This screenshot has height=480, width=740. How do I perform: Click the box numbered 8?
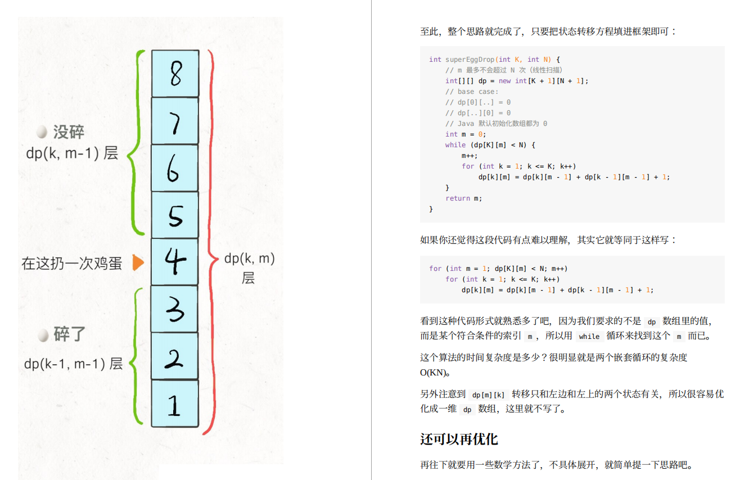point(175,74)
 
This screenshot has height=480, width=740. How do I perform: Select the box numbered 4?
point(175,262)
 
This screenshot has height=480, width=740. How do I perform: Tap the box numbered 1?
point(175,404)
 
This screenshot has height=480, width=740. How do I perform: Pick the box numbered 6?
point(175,168)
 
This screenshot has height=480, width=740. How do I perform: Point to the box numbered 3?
point(175,309)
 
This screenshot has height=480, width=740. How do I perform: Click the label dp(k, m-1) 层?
point(72,153)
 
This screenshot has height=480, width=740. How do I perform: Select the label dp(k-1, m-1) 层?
point(73,364)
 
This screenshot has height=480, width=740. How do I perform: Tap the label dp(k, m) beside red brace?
point(249,259)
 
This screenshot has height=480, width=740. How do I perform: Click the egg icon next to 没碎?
point(42,133)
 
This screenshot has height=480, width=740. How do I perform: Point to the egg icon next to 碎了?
point(43,336)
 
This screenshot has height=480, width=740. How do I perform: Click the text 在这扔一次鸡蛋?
point(71,263)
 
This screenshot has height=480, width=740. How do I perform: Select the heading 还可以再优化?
point(459,439)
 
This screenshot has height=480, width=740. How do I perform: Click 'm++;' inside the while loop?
point(470,156)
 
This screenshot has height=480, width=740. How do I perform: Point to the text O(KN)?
point(435,372)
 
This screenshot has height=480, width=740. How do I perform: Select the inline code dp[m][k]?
point(489,395)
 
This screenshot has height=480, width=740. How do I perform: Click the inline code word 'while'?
point(589,337)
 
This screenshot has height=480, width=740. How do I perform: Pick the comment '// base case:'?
point(471,92)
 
